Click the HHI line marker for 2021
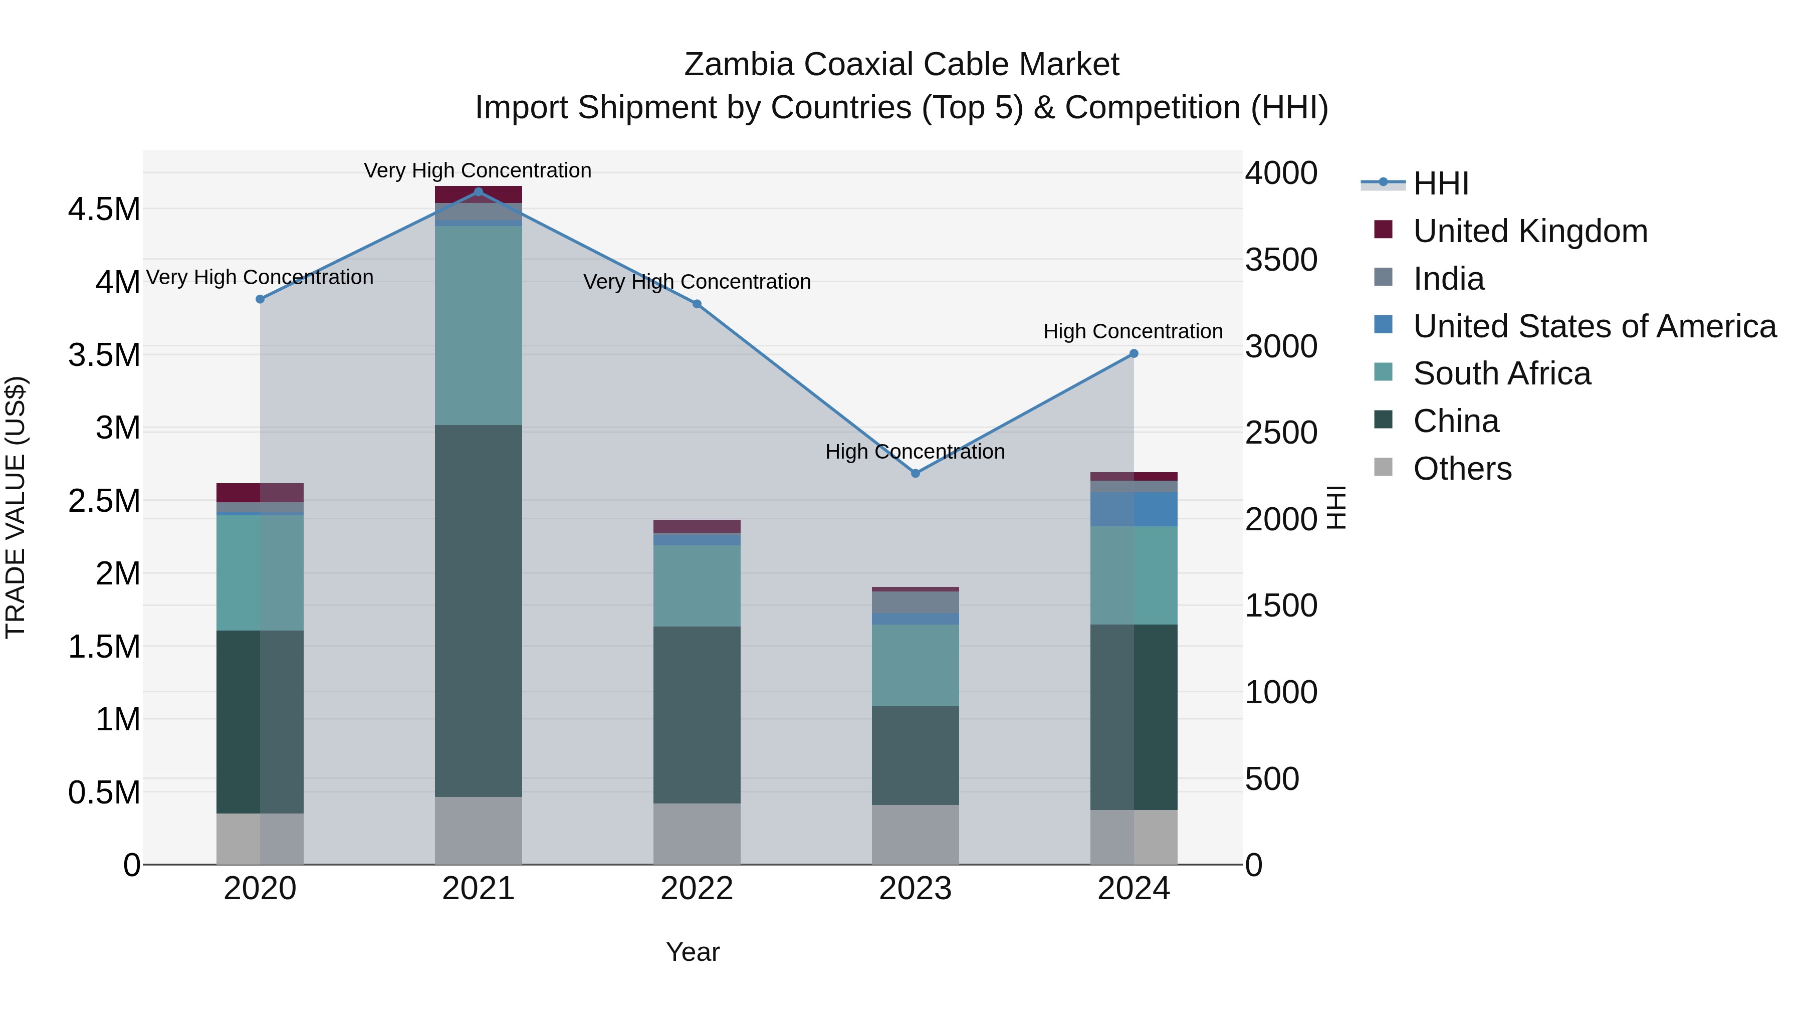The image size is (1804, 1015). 479,191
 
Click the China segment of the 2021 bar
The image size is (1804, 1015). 479,610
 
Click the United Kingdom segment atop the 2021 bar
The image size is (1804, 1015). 479,194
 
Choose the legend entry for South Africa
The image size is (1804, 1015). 1501,373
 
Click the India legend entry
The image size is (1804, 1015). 1448,279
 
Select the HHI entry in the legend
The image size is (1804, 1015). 1440,183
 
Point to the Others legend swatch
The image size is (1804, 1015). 1383,467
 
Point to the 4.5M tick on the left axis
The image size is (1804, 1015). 104,210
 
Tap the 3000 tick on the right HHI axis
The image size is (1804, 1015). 1281,346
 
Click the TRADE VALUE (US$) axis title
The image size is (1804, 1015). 16,507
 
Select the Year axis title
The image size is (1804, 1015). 693,952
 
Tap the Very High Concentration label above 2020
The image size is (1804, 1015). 259,277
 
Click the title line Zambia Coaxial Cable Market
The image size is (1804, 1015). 901,65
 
